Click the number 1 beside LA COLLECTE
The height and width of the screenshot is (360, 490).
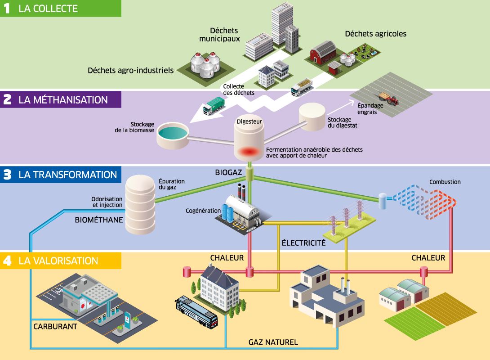tap(7, 9)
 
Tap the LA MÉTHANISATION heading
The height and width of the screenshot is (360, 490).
tap(63, 99)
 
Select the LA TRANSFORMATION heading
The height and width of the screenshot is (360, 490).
tap(67, 175)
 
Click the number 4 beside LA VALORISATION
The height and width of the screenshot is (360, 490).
tap(7, 261)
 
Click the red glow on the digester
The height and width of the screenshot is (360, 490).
tap(249, 152)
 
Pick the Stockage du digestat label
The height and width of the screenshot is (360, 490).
tap(343, 123)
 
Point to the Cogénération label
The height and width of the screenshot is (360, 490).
tap(203, 211)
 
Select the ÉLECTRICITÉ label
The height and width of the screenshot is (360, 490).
tap(303, 243)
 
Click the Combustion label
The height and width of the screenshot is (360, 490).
tap(445, 182)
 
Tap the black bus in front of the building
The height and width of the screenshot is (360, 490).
tap(196, 311)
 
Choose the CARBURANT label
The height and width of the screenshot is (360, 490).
tap(55, 326)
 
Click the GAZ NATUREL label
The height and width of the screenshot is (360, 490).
tap(273, 342)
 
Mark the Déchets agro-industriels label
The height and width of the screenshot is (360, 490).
tap(131, 70)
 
